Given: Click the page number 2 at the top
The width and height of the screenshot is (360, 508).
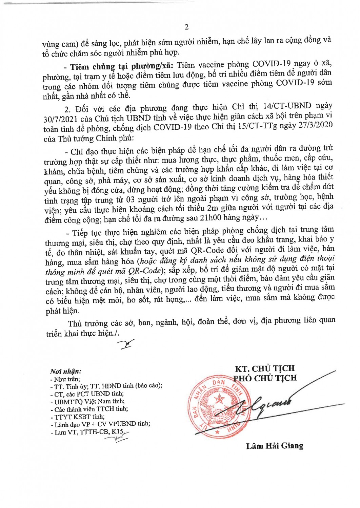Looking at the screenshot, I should click(x=186, y=27).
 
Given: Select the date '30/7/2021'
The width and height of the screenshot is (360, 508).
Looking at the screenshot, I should click(x=60, y=119).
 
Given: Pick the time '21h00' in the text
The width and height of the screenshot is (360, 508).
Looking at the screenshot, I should click(x=211, y=218).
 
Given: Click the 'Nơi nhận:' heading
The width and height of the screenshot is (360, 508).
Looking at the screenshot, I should click(x=66, y=372).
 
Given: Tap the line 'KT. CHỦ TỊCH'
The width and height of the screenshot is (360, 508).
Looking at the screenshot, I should click(x=265, y=368).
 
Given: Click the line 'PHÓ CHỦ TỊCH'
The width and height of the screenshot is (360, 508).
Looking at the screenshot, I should click(x=265, y=378).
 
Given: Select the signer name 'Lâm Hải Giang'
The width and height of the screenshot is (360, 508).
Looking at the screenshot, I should click(x=275, y=446).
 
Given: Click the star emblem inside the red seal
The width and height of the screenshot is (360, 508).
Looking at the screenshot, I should click(x=219, y=399).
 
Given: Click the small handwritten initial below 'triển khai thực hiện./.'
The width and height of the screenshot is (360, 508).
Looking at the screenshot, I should click(x=125, y=344).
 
